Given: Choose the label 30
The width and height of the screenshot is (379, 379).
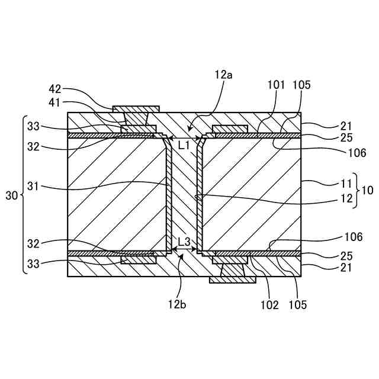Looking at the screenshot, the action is coord(11,194).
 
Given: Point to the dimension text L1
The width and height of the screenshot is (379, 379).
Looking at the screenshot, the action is coord(184,145).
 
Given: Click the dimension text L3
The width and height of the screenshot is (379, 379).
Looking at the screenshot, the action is coord(184,242).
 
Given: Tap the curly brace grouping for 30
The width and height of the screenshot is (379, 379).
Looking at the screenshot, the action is coord(24,194).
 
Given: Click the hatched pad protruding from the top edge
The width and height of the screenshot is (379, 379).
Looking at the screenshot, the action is coord(136,109).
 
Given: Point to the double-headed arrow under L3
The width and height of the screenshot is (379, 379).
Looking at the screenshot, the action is coord(184,251).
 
